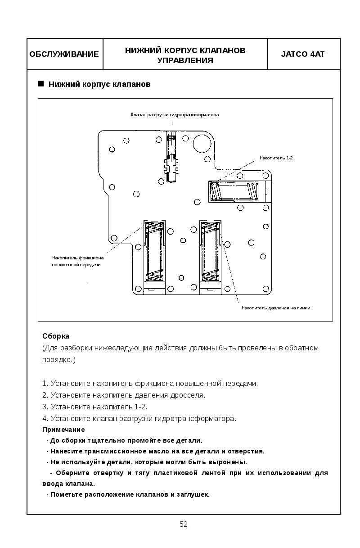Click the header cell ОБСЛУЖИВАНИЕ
click(64, 54)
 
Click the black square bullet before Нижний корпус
click(41, 84)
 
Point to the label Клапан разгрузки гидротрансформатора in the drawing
click(175, 115)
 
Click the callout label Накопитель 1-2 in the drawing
click(276, 158)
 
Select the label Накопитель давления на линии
click(276, 308)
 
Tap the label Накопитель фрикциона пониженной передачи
click(77, 261)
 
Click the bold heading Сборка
click(56, 336)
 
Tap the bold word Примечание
click(63, 430)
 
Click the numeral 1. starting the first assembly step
click(45, 384)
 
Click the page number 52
click(184, 524)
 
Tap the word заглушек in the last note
click(194, 494)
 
